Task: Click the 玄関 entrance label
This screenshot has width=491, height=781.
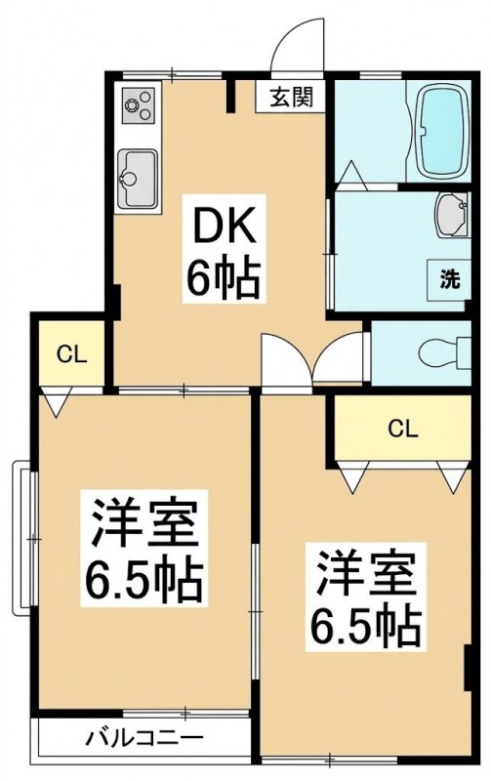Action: [x=291, y=98]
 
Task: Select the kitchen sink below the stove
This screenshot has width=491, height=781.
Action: [x=138, y=180]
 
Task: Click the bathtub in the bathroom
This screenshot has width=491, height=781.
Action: [x=443, y=132]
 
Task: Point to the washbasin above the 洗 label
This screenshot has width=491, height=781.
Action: [x=452, y=215]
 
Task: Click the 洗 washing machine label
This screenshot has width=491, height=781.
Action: [x=449, y=279]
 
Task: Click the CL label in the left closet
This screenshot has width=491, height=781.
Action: [x=71, y=354]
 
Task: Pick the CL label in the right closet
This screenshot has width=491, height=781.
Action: [x=403, y=429]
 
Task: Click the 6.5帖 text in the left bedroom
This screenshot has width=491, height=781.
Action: [x=143, y=581]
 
